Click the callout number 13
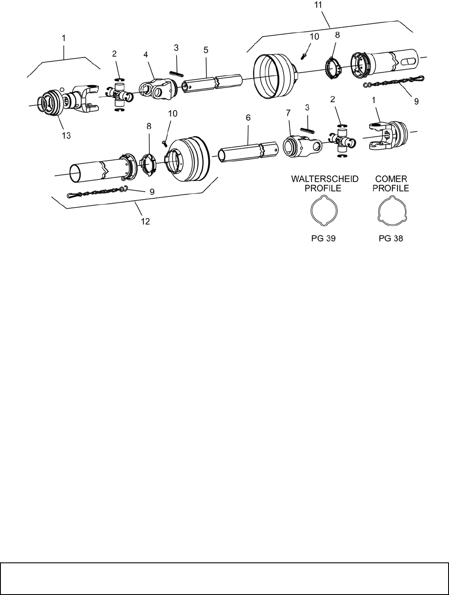click(x=66, y=135)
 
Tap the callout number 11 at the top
click(x=319, y=5)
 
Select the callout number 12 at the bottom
click(x=146, y=221)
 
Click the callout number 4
click(x=146, y=54)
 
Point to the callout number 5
click(x=206, y=50)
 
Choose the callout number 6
click(x=248, y=118)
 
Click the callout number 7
click(x=288, y=112)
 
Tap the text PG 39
click(x=323, y=238)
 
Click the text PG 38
click(x=391, y=238)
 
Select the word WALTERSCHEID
click(x=325, y=179)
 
